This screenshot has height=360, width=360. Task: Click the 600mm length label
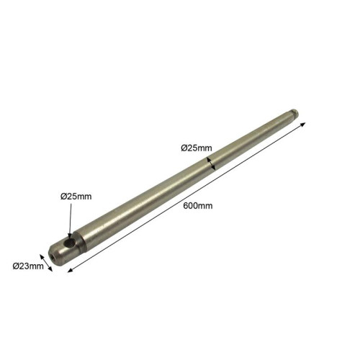pyautogui.click(x=198, y=206)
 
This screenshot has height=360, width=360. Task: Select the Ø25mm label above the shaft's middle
pyautogui.click(x=197, y=148)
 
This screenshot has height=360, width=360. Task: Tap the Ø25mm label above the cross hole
pyautogui.click(x=76, y=197)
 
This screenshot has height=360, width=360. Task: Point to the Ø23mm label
pyautogui.click(x=28, y=266)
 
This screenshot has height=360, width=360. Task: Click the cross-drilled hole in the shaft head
pyautogui.click(x=71, y=243)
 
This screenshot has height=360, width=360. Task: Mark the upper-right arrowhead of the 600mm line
pyautogui.click(x=303, y=124)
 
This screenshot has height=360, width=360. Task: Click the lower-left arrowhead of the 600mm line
pyautogui.click(x=71, y=271)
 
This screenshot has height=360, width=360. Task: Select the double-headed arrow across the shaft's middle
pyautogui.click(x=211, y=163)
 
